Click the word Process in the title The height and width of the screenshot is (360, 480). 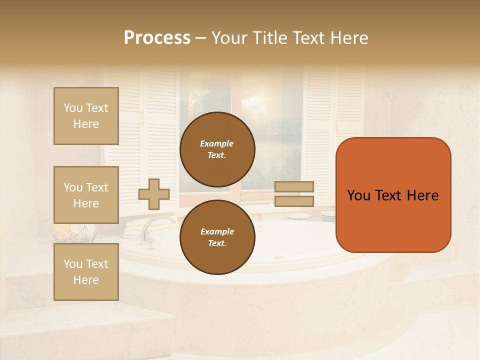(157, 38)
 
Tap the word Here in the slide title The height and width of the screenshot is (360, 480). (347, 38)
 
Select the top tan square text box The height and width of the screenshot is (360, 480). (86, 116)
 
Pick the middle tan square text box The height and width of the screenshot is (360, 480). (86, 195)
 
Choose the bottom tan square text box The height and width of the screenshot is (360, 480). (86, 271)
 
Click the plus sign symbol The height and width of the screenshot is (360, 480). (154, 194)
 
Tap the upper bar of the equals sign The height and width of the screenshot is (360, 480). (294, 186)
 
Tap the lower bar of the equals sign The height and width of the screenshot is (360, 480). (294, 201)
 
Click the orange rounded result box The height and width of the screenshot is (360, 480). (393, 220)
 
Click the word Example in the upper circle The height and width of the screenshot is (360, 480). (217, 143)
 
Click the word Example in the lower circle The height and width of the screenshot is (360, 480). (217, 231)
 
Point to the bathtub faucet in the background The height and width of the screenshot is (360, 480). (152, 227)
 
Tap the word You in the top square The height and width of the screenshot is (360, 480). (72, 108)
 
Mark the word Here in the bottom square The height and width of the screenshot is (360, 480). (86, 280)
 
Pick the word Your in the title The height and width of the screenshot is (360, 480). (230, 38)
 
